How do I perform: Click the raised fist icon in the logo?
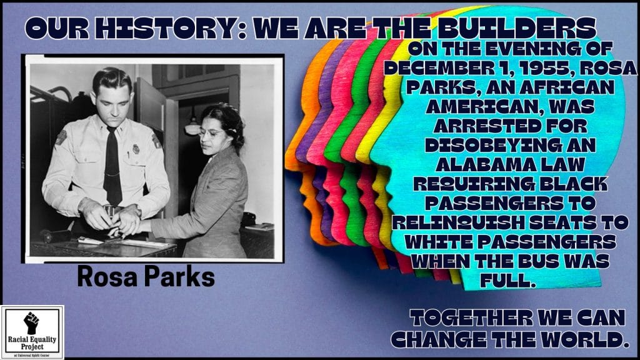[x=31, y=322]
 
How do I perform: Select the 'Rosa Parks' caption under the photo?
[x=146, y=276]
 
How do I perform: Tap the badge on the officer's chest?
[x=136, y=149]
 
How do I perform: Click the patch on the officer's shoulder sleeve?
[x=61, y=137]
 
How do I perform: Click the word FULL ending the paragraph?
[x=507, y=281]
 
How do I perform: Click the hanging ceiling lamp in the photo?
[x=192, y=127]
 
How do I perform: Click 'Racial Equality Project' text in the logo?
[x=32, y=342]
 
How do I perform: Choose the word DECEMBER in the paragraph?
[x=441, y=68]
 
